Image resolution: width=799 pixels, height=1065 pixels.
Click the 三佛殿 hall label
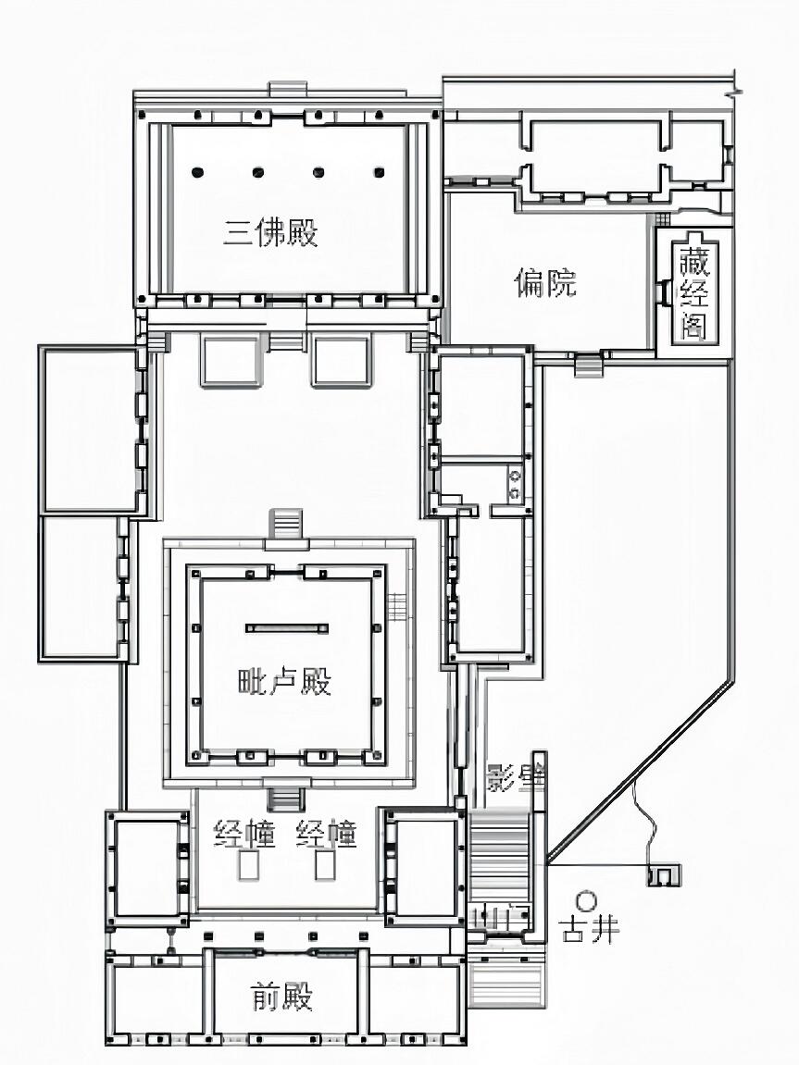[x=270, y=232]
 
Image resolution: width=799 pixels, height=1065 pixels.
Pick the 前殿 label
[x=282, y=997]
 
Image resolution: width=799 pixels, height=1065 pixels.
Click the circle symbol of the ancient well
[x=585, y=899]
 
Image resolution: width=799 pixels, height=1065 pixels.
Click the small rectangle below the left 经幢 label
[x=247, y=866]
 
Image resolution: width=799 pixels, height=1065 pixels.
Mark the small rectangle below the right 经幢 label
[x=324, y=866]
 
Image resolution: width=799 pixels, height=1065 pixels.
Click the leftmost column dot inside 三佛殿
[x=197, y=172]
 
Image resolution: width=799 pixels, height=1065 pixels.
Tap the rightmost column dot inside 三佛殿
[x=379, y=172]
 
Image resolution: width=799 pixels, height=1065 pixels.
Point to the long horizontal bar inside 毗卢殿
[x=287, y=628]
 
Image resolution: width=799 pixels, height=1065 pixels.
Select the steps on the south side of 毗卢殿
[x=285, y=798]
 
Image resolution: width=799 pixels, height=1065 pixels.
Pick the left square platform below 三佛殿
[x=231, y=362]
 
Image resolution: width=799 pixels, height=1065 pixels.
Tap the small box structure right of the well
[x=664, y=873]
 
